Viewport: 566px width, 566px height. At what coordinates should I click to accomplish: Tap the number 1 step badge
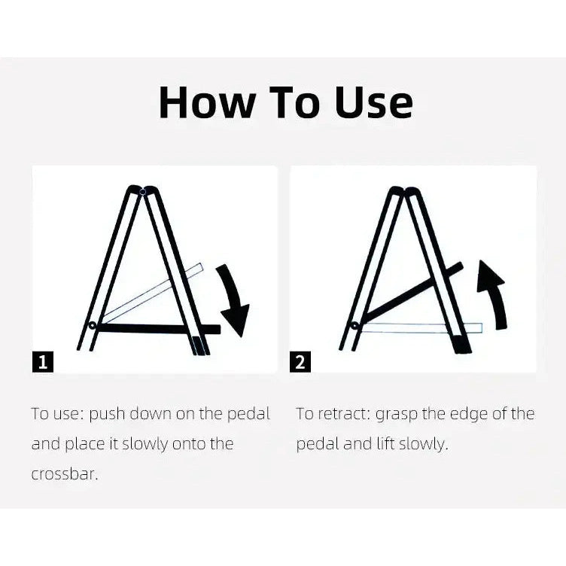click(42, 362)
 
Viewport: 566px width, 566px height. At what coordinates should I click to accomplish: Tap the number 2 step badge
click(300, 362)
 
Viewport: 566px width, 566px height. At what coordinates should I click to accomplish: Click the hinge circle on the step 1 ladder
click(92, 326)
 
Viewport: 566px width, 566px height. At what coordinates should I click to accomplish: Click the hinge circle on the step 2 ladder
click(354, 326)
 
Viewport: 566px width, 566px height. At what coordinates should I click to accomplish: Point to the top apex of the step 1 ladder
click(142, 190)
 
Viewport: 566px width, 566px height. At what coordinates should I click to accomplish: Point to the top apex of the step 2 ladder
click(404, 190)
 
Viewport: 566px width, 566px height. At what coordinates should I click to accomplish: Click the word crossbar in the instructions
click(65, 475)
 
